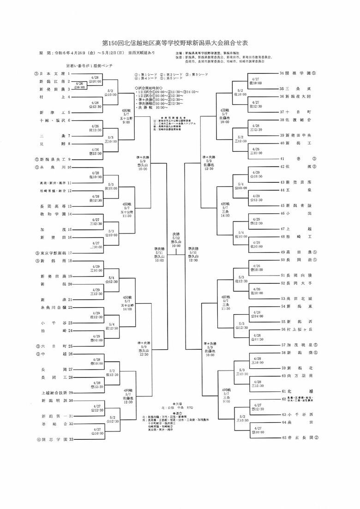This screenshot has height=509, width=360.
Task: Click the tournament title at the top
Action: (175, 43)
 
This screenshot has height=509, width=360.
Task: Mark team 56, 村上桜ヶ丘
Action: (298, 329)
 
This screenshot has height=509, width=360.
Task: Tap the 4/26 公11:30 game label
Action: (257, 337)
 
